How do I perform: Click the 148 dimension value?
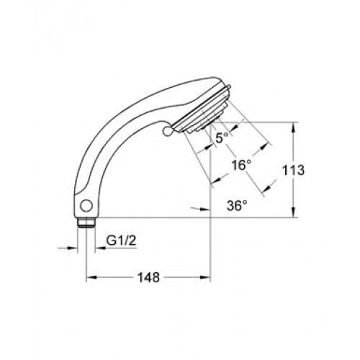point(148,277)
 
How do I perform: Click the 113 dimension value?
point(293,170)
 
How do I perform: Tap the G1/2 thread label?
point(121,240)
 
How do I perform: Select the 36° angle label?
point(237,206)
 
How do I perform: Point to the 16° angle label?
point(241,165)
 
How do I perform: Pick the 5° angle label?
point(222,138)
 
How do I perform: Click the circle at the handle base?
point(86,206)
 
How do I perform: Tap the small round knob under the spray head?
point(167,131)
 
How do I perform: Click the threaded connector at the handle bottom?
point(86,222)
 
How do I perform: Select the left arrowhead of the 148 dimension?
point(91,277)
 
